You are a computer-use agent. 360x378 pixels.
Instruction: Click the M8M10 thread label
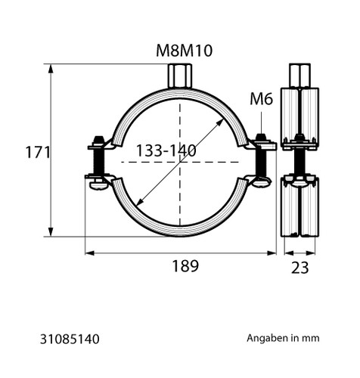pyautogui.click(x=184, y=51)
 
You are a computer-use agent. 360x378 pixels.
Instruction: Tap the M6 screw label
pyautogui.click(x=261, y=99)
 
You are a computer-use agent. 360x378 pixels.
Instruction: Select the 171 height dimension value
pyautogui.click(x=38, y=152)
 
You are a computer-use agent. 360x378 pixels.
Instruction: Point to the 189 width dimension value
pyautogui.click(x=185, y=266)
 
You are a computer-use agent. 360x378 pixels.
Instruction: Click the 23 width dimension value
pyautogui.click(x=299, y=268)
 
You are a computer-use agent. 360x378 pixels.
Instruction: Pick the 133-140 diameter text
pyautogui.click(x=166, y=150)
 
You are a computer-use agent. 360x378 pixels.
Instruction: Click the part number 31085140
pyautogui.click(x=70, y=339)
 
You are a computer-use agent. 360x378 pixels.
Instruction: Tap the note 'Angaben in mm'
pyautogui.click(x=283, y=338)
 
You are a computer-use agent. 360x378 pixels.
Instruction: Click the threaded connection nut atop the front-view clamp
pyautogui.click(x=180, y=76)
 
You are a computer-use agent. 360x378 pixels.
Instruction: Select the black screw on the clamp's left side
pyautogui.click(x=98, y=161)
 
